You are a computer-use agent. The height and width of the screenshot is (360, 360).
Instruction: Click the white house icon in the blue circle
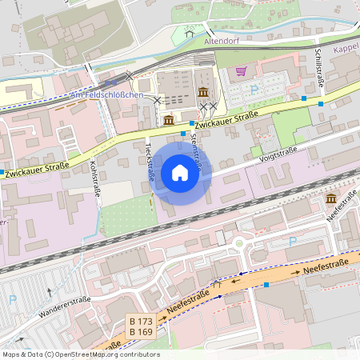(180, 172)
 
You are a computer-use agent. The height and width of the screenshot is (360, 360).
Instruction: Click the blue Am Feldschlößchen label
(106, 95)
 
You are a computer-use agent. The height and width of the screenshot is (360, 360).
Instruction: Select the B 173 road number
(141, 321)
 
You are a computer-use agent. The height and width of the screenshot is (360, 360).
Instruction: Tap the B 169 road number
(141, 331)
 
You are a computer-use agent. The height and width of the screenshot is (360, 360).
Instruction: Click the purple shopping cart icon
(242, 71)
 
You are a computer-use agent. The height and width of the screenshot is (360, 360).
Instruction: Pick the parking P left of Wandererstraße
(12, 299)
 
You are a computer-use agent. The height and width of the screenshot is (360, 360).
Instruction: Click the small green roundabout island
(238, 243)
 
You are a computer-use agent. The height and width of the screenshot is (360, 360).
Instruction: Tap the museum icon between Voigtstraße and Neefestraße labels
(331, 198)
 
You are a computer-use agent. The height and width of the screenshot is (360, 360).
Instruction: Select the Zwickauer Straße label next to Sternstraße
(226, 118)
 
